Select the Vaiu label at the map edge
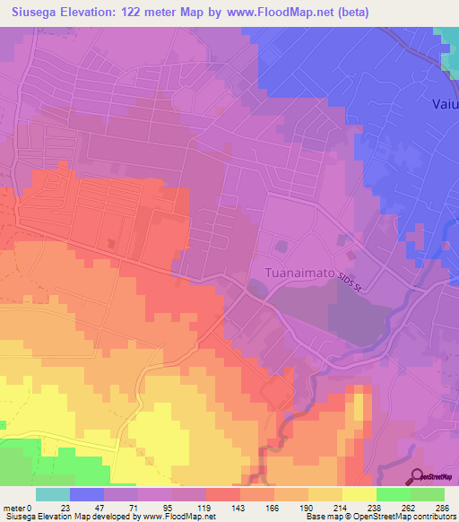(442, 102)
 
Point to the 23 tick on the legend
(65, 508)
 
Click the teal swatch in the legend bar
(52, 494)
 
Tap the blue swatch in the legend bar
(86, 494)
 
